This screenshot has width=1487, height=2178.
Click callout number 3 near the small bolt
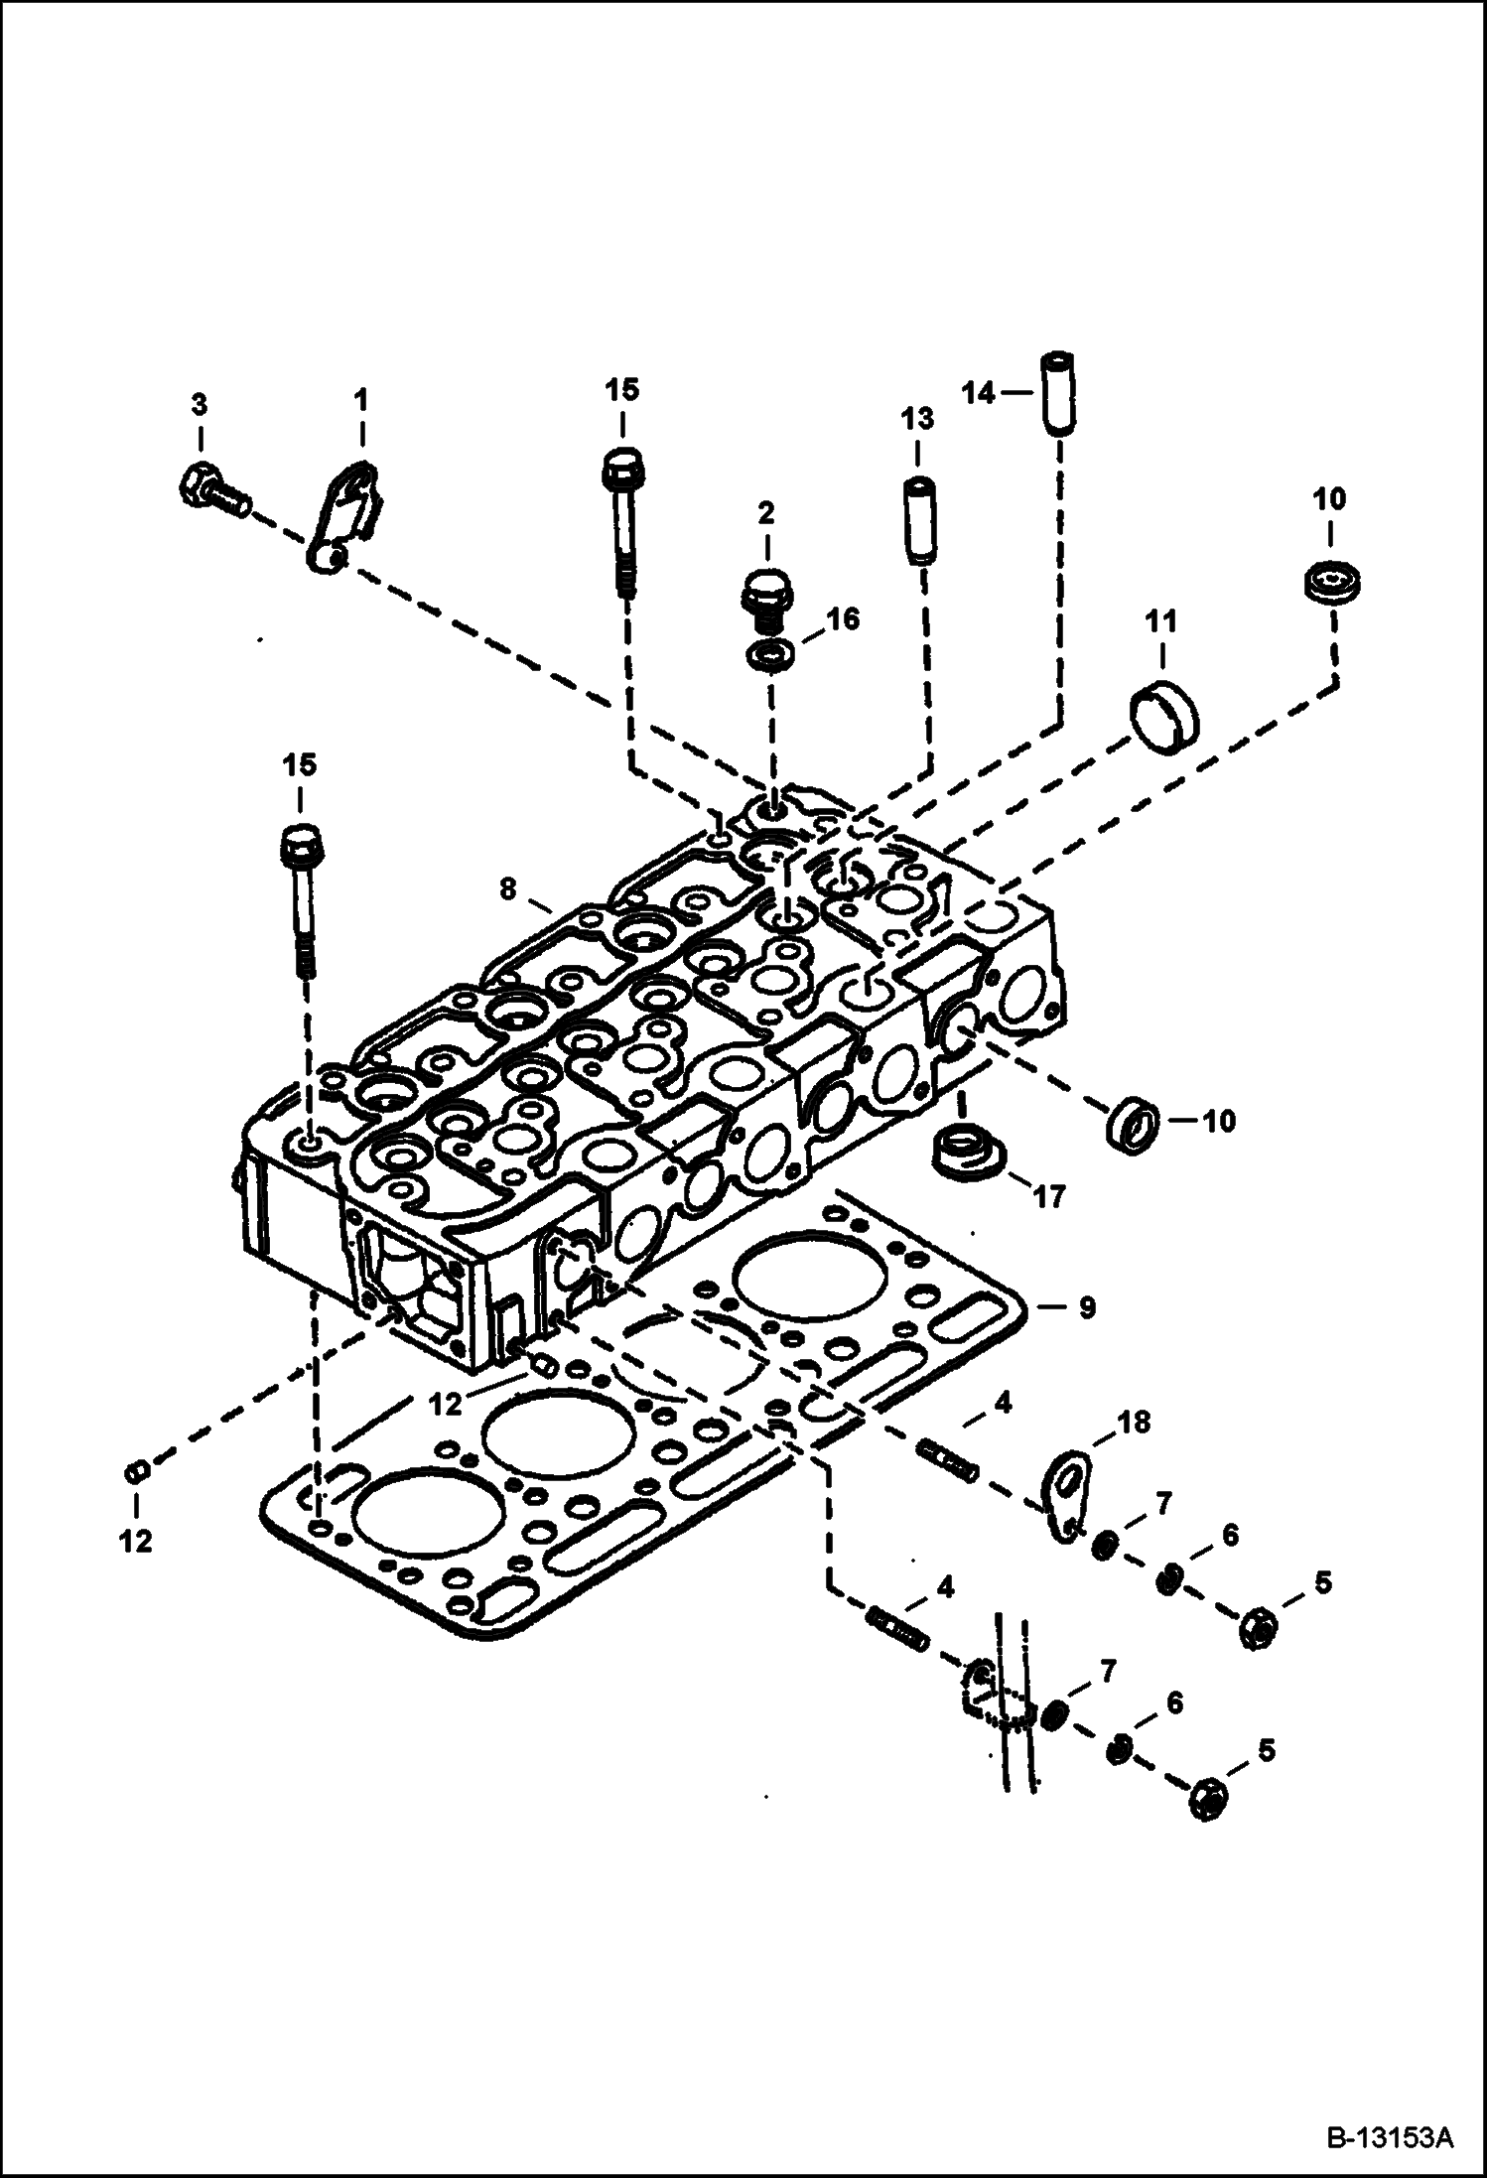click(x=200, y=404)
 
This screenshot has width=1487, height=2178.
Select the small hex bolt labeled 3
click(x=211, y=490)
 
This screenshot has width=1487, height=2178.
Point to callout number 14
click(x=979, y=394)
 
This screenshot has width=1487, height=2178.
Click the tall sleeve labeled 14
click(x=1058, y=392)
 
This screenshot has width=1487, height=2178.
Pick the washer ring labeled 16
click(x=769, y=655)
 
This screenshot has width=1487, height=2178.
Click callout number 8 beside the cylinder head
click(x=508, y=889)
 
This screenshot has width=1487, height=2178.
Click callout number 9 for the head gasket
click(x=1086, y=1307)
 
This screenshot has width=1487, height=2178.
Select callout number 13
click(x=918, y=418)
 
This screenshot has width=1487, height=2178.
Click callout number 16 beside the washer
click(x=842, y=619)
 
